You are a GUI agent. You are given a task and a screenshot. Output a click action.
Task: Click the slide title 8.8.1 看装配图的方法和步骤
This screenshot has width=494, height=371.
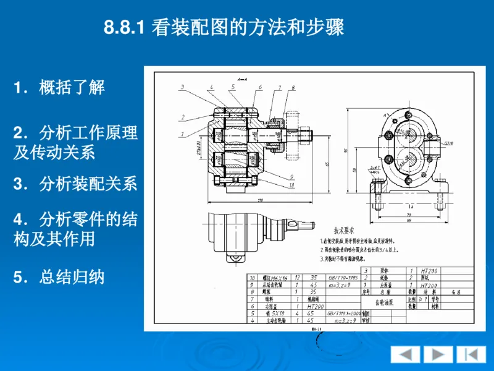tap(224, 28)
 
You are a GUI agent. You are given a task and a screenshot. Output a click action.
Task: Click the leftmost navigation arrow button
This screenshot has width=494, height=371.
tap(406, 354)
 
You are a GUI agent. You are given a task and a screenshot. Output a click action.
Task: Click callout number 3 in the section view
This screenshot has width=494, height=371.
tap(182, 87)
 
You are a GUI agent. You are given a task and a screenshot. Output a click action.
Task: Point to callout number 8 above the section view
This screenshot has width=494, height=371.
tap(292, 87)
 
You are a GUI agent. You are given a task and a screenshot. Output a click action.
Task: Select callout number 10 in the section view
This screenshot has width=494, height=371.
tap(291, 184)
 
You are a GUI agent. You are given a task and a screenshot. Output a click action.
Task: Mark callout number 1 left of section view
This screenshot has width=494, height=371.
tap(182, 134)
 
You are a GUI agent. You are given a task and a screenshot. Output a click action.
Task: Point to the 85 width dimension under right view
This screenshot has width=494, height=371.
tap(409, 220)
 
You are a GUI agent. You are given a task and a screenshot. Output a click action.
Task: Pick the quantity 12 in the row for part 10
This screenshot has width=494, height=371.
tap(298, 278)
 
